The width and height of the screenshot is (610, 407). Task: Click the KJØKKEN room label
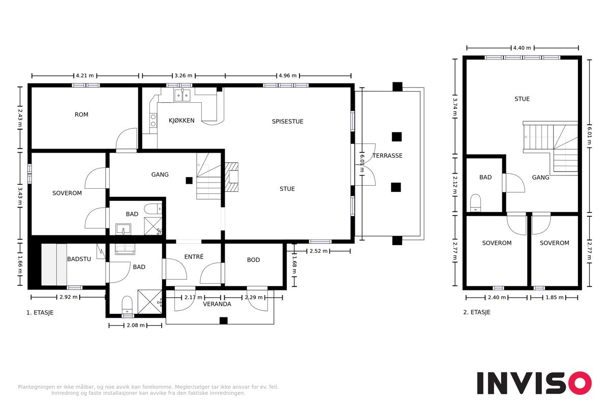tap(181, 121)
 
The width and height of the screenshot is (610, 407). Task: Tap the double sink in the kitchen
tap(182, 95)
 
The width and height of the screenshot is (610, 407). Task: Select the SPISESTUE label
tap(288, 122)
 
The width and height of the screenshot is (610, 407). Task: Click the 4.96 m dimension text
tap(288, 75)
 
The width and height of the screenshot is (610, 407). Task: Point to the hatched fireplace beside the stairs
tap(231, 177)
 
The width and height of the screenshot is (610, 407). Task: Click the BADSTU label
tap(79, 259)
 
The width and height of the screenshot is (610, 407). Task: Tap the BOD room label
tap(253, 260)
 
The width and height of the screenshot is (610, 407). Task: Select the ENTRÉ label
tap(194, 257)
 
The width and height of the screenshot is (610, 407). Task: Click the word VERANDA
tap(217, 304)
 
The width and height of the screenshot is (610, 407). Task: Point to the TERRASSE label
tap(387, 156)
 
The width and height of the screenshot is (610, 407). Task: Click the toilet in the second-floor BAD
tap(475, 203)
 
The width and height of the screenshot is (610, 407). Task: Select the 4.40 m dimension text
tap(522, 48)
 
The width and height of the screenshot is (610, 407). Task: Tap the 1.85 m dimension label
tap(555, 298)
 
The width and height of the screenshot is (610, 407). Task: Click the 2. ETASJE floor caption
tap(477, 312)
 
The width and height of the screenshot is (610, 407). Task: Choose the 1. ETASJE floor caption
tap(40, 313)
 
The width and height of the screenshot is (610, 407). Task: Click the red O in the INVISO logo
tap(579, 383)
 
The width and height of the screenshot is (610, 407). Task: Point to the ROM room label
tap(81, 114)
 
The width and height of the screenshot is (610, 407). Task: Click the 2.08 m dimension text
tap(136, 325)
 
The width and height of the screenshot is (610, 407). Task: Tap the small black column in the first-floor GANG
tap(189, 181)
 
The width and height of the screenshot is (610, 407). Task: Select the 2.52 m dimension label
tap(318, 251)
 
